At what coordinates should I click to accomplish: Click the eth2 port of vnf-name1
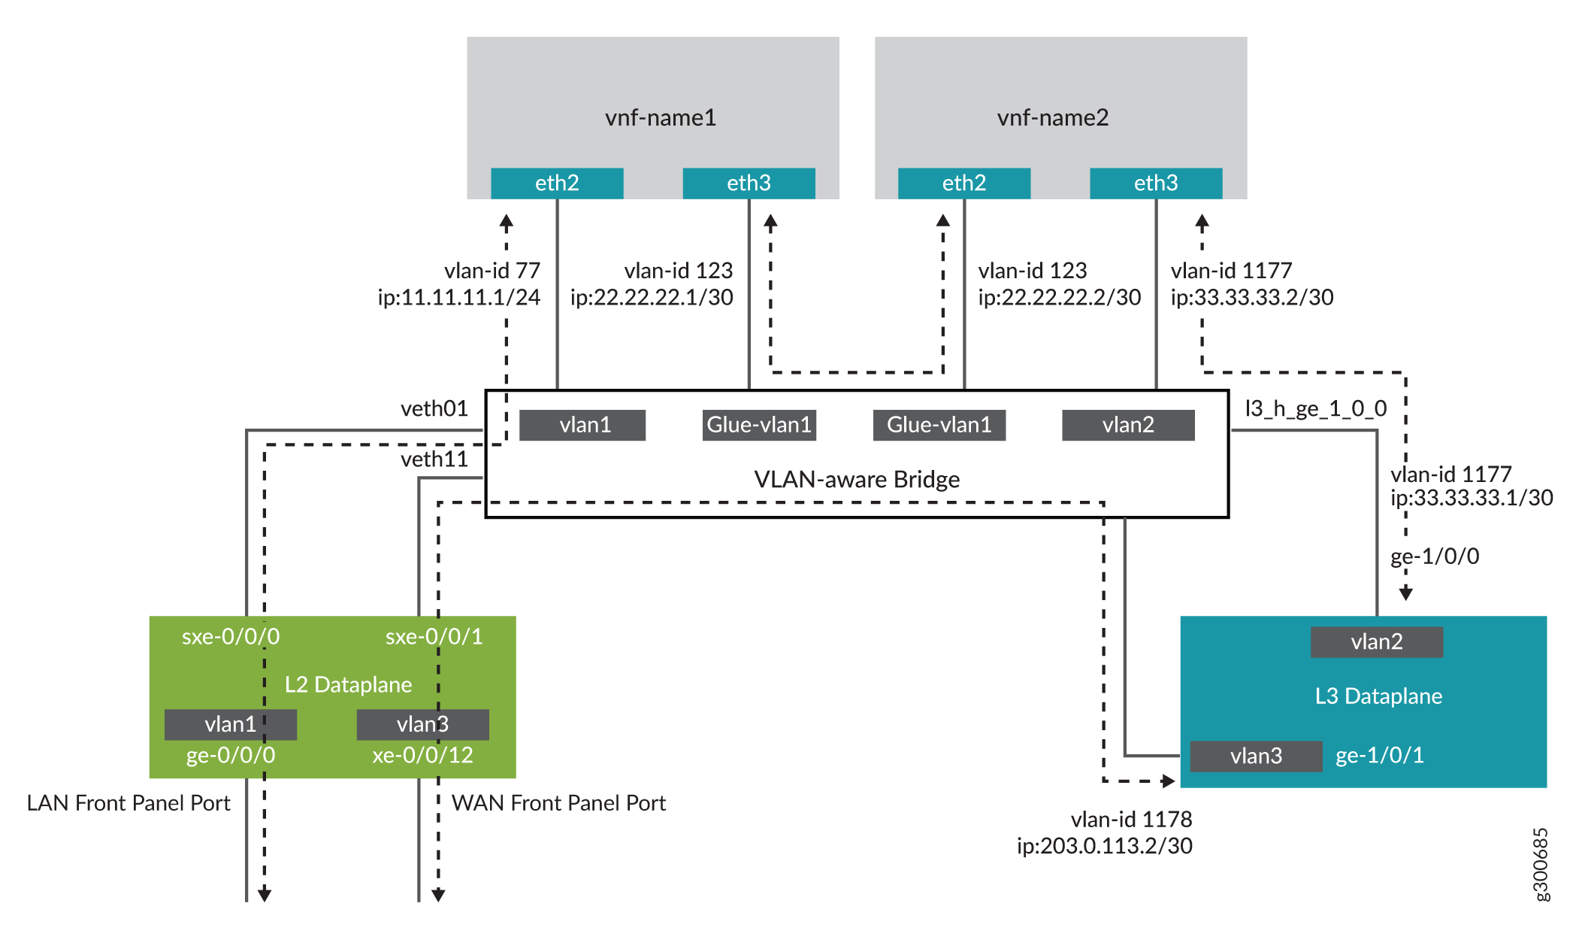pyautogui.click(x=557, y=183)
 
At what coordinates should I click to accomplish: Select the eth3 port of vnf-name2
pyautogui.click(x=1155, y=183)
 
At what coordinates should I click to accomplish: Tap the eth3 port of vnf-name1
pyautogui.click(x=749, y=183)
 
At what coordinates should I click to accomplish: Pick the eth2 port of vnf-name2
pyautogui.click(x=963, y=183)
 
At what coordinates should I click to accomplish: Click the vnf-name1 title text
pyautogui.click(x=661, y=118)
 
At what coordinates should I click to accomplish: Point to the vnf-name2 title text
pyautogui.click(x=1052, y=118)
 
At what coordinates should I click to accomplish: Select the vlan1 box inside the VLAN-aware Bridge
pyautogui.click(x=582, y=425)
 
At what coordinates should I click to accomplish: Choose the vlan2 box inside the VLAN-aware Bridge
pyautogui.click(x=1127, y=425)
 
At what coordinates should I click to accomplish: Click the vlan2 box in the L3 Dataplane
pyautogui.click(x=1376, y=642)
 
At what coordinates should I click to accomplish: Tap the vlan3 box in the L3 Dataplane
pyautogui.click(x=1256, y=756)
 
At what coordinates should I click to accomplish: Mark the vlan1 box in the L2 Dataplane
pyautogui.click(x=230, y=724)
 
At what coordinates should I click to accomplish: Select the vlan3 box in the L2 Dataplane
pyautogui.click(x=422, y=724)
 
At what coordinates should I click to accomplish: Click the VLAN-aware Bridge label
pyautogui.click(x=857, y=479)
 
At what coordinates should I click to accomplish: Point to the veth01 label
pyautogui.click(x=434, y=408)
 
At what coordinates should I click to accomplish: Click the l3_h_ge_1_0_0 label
pyautogui.click(x=1315, y=408)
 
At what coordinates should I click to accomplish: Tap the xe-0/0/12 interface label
pyautogui.click(x=422, y=755)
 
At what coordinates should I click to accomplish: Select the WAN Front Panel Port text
pyautogui.click(x=558, y=803)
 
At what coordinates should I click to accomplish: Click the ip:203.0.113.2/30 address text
pyautogui.click(x=1104, y=846)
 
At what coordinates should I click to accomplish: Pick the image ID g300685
pyautogui.click(x=1540, y=864)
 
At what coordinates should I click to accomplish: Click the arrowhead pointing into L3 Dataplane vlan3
pyautogui.click(x=1169, y=781)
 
